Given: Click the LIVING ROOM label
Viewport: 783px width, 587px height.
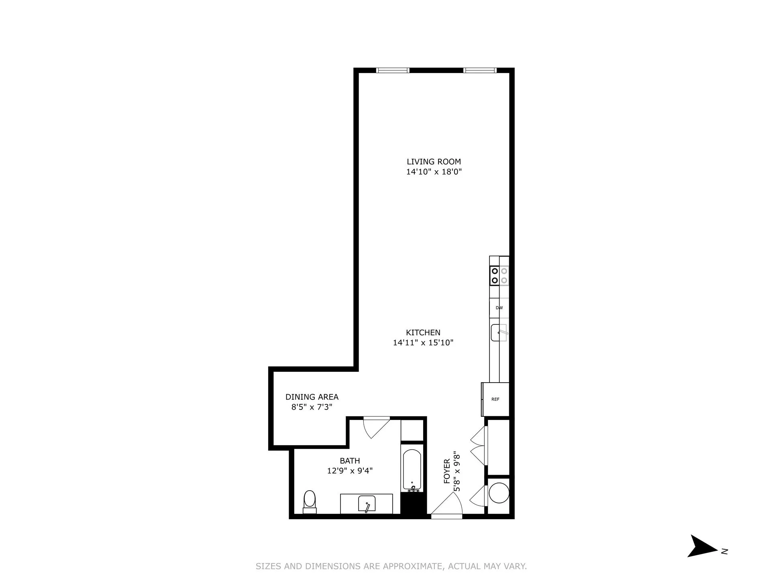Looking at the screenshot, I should click(434, 162).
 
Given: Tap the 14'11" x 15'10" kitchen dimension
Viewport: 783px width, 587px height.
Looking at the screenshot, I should click(423, 343).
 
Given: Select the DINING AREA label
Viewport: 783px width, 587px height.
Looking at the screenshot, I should click(312, 397).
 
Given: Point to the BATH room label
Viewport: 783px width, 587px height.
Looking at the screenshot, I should click(350, 461).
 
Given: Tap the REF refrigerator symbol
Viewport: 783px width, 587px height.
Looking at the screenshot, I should click(495, 399).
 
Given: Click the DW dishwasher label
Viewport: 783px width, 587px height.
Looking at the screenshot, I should click(499, 308).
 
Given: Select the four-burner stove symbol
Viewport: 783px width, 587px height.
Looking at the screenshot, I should click(499, 275).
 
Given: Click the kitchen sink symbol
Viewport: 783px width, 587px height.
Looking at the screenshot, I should click(499, 333).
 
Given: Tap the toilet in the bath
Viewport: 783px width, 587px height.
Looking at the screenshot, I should click(310, 501).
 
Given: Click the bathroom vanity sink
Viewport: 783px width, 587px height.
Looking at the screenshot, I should click(367, 504).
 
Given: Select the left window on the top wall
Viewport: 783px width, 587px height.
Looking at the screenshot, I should click(393, 71).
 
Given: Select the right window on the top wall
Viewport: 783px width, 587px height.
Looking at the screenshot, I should click(480, 71).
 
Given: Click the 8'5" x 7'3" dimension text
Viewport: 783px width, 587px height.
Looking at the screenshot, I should click(312, 407).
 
